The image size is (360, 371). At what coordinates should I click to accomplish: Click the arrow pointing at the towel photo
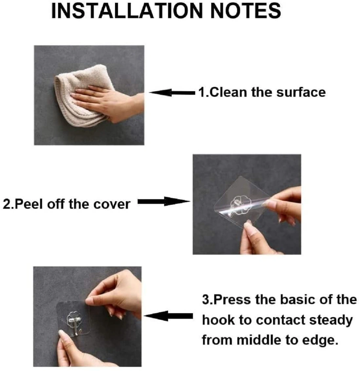tap(172, 92)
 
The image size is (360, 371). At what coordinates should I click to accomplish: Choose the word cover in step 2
tap(112, 204)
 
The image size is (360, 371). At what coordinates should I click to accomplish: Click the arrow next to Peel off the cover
tap(163, 201)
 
